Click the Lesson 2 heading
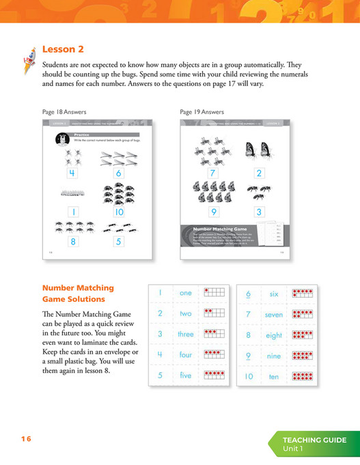pos(63,49)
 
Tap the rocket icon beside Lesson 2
pos(28,56)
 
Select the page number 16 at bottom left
pos(26,439)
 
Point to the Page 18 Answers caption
pos(64,111)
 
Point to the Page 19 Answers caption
pos(202,111)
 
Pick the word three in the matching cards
pos(186,335)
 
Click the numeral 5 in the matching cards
pos(160,375)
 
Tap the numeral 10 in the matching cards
pos(249,376)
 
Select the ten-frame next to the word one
pos(214,293)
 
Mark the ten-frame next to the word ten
pos(302,376)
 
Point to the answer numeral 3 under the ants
pos(259,212)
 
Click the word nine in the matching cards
pos(274,356)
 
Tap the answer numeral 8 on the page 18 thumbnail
pos(71,240)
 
